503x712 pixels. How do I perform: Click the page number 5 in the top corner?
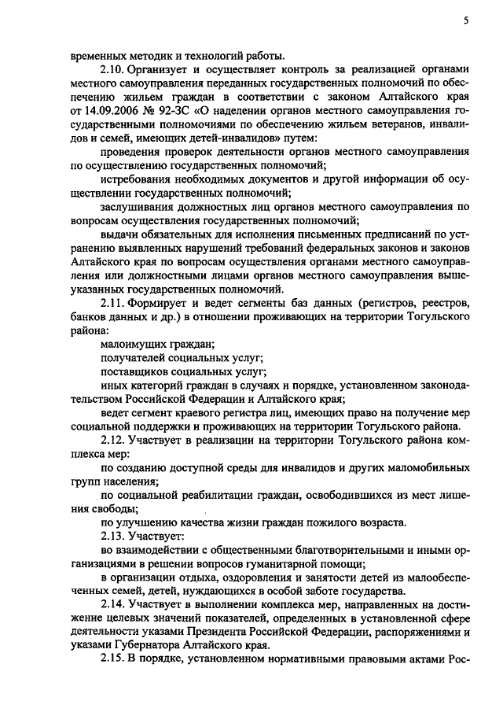point(465,23)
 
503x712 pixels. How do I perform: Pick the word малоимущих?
point(132,344)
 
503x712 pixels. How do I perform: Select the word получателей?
point(134,358)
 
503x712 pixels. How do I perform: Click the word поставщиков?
point(134,371)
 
